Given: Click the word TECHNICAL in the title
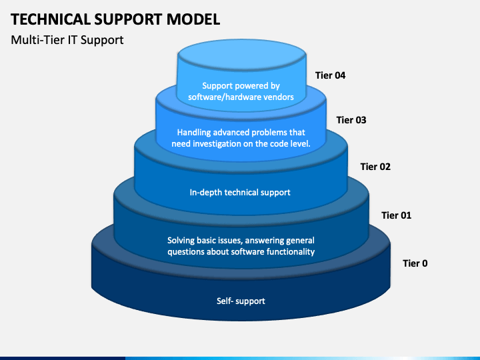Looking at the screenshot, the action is tap(51, 19).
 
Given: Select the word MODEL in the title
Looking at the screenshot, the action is tap(193, 19).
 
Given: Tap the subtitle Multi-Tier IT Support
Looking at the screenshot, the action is tap(67, 40).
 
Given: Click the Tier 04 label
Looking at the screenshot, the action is tap(330, 75).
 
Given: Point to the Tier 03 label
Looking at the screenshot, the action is tap(351, 120).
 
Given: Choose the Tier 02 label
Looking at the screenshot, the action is tap(375, 167).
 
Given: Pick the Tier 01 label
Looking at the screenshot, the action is tap(397, 215).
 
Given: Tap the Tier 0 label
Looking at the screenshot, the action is tap(415, 263).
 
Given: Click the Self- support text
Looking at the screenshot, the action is tap(241, 301).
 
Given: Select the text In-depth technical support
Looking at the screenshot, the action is tap(240, 193).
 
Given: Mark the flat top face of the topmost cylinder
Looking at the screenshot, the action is tap(242, 55).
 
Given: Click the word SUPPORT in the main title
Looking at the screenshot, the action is tap(129, 19).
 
